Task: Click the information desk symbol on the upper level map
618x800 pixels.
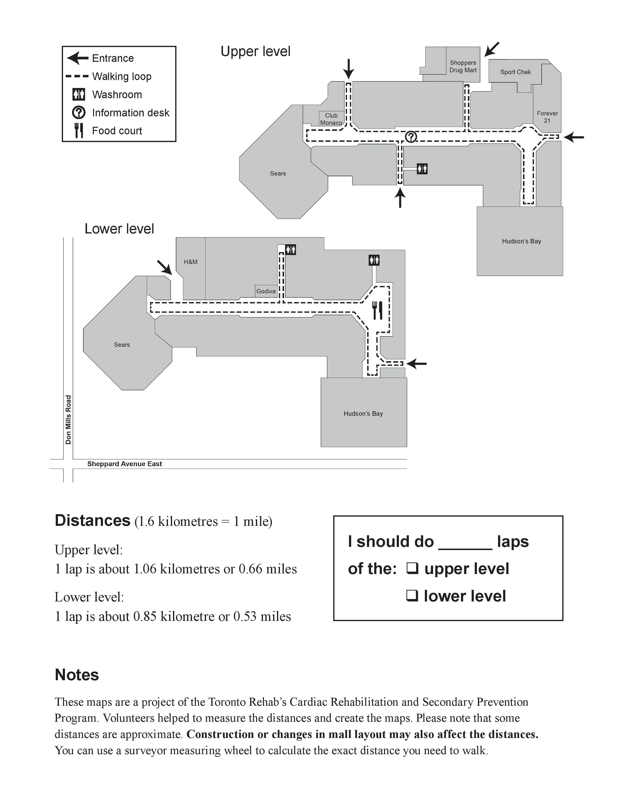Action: [411, 137]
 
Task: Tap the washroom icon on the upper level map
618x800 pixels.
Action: [422, 169]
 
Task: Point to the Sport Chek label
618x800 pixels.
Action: [515, 72]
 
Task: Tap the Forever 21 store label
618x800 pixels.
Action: [547, 117]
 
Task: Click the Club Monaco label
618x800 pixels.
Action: [331, 119]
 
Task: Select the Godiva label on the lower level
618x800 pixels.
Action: [266, 291]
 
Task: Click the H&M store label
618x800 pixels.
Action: [190, 262]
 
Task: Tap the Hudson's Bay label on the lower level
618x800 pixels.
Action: [363, 414]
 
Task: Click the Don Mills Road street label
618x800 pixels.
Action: [68, 420]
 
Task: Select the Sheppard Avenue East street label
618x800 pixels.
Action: [125, 464]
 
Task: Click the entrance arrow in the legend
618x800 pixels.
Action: [78, 58]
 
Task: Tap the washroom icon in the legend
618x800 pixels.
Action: [79, 95]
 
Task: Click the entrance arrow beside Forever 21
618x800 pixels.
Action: [574, 137]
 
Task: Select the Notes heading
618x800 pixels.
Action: [77, 675]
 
